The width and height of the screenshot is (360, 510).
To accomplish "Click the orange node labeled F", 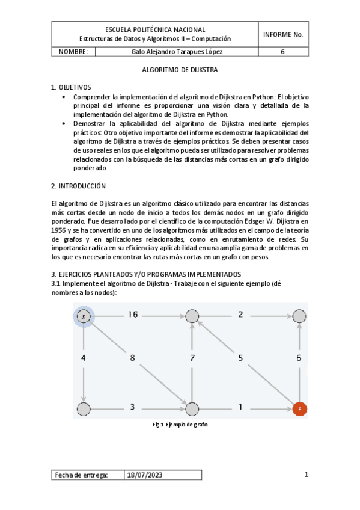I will pos(299,409).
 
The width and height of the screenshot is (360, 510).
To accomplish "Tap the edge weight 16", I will pos(133,314).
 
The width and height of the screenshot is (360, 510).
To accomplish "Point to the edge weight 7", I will pos(192,358).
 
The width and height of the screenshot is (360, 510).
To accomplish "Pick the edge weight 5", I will pos(240,358).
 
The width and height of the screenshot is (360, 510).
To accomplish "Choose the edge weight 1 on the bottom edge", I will pos(239,407).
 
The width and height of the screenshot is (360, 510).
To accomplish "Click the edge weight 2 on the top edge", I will pos(240,314).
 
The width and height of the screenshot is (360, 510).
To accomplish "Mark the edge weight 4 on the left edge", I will pos(83,358).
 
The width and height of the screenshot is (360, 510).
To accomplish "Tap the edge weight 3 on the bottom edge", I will pos(132,407).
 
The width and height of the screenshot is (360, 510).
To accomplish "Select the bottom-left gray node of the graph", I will pos(84,409).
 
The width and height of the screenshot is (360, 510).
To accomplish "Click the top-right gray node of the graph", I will pos(299,315).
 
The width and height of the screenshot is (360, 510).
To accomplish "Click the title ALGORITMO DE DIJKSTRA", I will pos(179,70).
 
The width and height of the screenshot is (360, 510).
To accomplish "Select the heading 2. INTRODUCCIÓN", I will pos(78,186).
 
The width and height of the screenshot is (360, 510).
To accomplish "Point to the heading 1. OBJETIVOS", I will pos(70,88).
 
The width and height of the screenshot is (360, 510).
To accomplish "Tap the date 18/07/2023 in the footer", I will pos(145,475).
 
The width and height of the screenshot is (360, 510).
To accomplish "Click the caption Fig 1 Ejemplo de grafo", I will pos(180,425).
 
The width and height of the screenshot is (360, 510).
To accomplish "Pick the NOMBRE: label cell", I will pos(73,52).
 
